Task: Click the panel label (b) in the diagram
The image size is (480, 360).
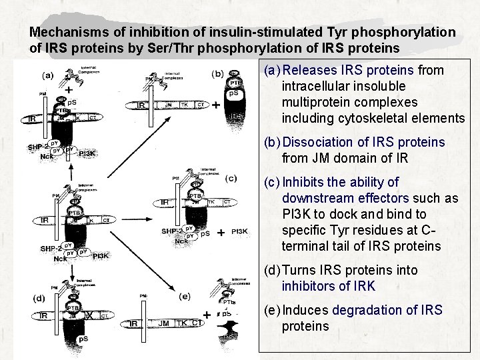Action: (x=217, y=73)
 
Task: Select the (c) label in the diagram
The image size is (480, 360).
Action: (x=231, y=178)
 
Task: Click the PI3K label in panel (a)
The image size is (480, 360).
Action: (x=87, y=153)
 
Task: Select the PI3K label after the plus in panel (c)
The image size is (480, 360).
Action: (x=240, y=232)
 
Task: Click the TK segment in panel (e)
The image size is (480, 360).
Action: (x=182, y=323)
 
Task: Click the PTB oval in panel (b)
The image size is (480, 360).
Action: (x=235, y=83)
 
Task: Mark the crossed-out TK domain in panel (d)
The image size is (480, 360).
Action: (x=89, y=315)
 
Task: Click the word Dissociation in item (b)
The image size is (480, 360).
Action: (x=319, y=142)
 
